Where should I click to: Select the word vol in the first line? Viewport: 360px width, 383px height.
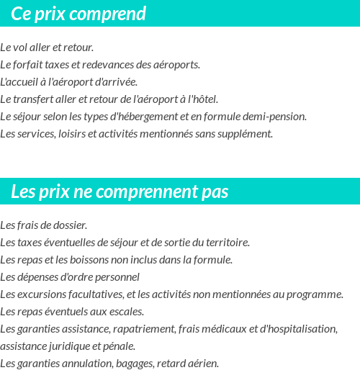pos(19,48)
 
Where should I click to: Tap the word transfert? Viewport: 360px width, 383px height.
pos(35,99)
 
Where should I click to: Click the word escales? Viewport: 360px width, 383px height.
pos(126,311)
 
